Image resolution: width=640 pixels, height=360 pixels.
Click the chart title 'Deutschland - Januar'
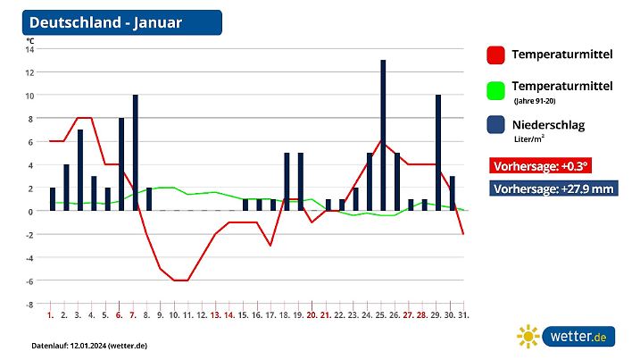(x=105, y=22)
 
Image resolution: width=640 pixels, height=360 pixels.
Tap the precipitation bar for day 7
(x=135, y=152)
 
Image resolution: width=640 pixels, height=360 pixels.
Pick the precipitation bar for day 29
(x=438, y=152)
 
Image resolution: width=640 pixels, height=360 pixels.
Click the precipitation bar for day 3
(x=79, y=170)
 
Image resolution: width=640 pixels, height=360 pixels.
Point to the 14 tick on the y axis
(x=29, y=49)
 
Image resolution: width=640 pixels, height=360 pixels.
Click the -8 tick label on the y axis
(x=29, y=304)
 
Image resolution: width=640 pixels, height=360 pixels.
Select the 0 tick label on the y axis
(x=30, y=211)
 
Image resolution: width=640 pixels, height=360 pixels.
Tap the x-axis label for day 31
(x=465, y=315)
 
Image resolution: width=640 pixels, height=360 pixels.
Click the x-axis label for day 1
(x=51, y=315)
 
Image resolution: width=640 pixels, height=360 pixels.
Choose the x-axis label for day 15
(x=244, y=315)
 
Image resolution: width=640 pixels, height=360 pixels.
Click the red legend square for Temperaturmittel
(x=496, y=55)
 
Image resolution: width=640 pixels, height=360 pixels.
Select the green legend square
(x=496, y=90)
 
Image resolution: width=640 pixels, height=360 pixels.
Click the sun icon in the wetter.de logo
(x=529, y=336)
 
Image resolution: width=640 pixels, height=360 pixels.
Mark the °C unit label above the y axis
(x=30, y=40)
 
